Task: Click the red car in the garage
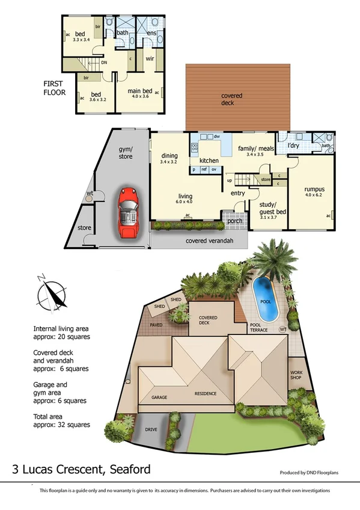click(127, 213)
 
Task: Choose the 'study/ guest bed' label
click(267, 208)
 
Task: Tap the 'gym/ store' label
click(124, 152)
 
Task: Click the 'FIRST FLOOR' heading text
click(56, 88)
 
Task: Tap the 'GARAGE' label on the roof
click(159, 397)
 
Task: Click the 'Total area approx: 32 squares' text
click(62, 420)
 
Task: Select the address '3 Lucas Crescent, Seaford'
click(82, 469)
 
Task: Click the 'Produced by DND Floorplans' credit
click(309, 473)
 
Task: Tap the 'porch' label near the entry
click(235, 221)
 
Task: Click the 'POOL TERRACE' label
click(260, 328)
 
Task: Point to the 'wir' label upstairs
click(150, 59)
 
